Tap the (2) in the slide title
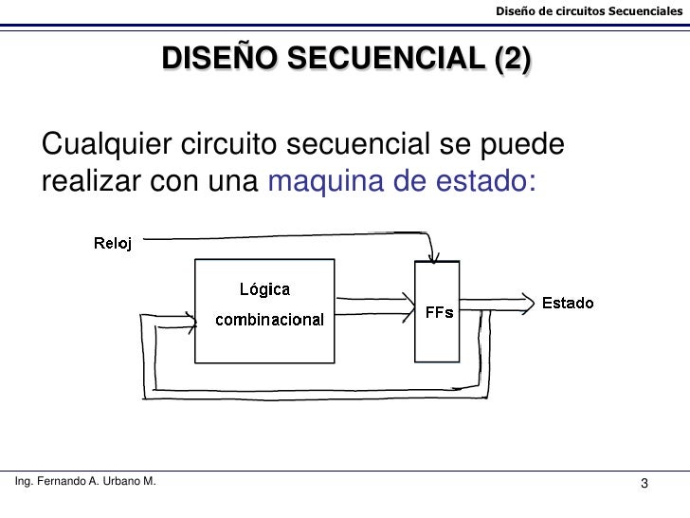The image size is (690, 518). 513,59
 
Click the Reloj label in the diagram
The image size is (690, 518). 113,242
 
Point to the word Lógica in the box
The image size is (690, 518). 264,289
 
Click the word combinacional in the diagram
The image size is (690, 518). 269,319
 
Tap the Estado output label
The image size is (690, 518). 568,304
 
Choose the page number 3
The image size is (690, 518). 645,487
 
